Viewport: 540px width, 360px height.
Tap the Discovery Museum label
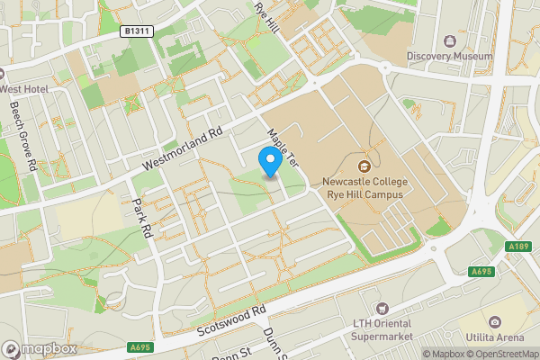tap(450, 56)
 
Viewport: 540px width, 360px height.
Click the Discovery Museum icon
tap(450, 40)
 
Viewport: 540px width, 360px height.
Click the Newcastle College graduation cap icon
tap(364, 166)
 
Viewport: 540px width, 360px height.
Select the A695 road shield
tap(138, 346)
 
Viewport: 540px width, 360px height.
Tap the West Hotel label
tap(24, 90)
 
